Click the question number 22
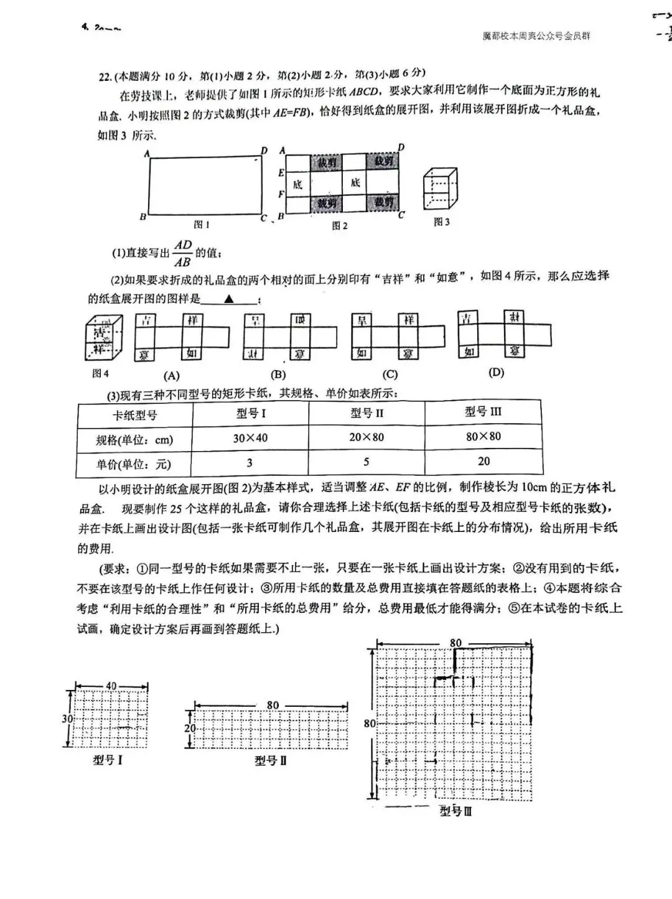[x=105, y=76]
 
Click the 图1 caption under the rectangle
[x=202, y=225]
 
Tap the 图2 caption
[x=339, y=225]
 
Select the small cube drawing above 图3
[x=440, y=189]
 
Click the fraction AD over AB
[x=183, y=253]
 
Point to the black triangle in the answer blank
[x=229, y=299]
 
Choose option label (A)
[x=171, y=375]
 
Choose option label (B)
[x=278, y=375]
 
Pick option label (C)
[x=390, y=374]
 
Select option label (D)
[x=496, y=372]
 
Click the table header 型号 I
[x=251, y=413]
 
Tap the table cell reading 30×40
[x=250, y=438]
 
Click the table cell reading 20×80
[x=366, y=437]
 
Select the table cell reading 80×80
[x=483, y=436]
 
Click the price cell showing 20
[x=483, y=461]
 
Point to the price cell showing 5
[x=366, y=462]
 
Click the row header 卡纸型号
[x=134, y=415]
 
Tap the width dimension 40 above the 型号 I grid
[x=111, y=686]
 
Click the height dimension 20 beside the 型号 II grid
[x=190, y=728]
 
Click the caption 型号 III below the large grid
[x=456, y=811]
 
